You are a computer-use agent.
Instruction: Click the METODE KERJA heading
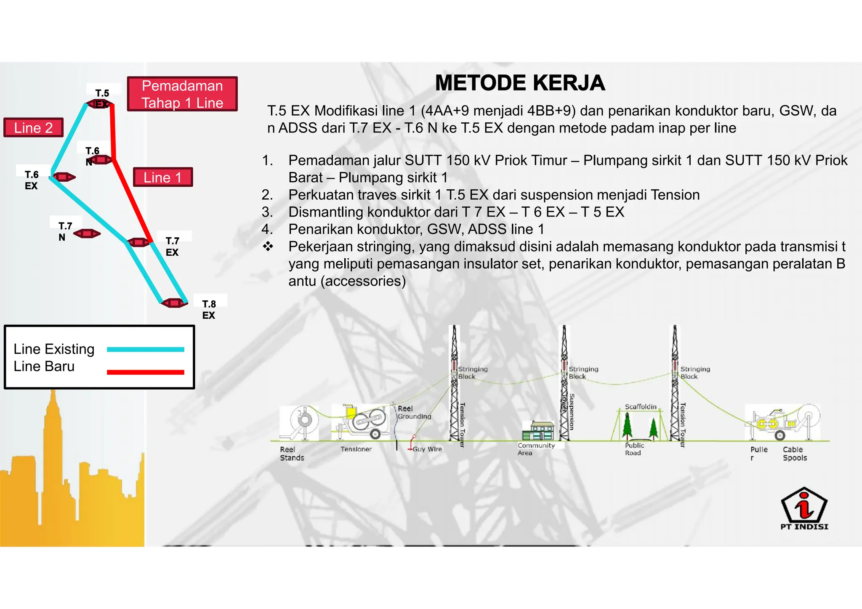coord(520,83)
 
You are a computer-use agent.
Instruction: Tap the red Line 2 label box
coord(33,127)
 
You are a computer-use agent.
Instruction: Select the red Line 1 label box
coord(163,177)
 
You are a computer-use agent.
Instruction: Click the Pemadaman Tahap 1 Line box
coord(182,94)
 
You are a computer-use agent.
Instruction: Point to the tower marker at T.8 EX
coord(174,303)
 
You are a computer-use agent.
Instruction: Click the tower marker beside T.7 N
coord(87,233)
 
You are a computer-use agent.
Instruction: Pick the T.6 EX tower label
coord(32,180)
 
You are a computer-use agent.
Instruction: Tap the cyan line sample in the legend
coord(145,350)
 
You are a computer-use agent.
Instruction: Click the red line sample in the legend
coord(145,372)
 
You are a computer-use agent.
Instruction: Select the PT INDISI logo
coord(804,508)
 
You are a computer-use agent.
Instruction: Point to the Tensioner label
coord(356,449)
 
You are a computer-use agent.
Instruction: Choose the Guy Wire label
coord(427,449)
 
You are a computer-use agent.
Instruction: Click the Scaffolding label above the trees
coord(641,407)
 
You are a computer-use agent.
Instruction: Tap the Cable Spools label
coord(795,454)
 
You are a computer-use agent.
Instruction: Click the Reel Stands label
coord(292,454)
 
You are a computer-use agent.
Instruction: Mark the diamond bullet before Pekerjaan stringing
coord(268,246)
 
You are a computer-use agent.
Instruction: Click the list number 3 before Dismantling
coord(267,212)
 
